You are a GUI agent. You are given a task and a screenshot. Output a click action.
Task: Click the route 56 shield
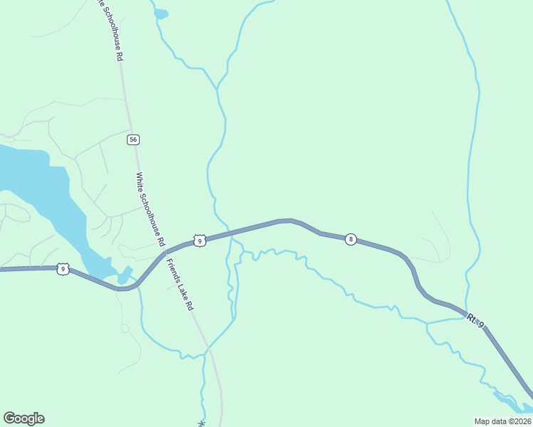[x=133, y=139]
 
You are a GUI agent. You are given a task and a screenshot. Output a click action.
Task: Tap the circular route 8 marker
[x=351, y=239]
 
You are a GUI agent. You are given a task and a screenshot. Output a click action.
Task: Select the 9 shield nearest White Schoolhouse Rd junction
[x=200, y=241]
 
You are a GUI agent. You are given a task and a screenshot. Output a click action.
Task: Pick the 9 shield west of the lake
[x=63, y=268]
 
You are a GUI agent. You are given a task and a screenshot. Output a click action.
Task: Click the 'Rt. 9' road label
[x=476, y=320]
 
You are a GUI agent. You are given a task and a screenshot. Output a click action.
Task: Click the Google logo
[x=24, y=418]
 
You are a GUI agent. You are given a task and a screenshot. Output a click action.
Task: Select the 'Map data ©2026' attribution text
[x=502, y=421]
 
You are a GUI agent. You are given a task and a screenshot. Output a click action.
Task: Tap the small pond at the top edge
[x=161, y=14]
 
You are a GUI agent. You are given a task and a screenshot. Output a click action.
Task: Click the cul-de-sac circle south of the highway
[x=125, y=328]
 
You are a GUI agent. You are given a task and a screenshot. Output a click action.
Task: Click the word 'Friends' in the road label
[x=172, y=270]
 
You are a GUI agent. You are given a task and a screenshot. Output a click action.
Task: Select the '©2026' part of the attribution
[x=517, y=421]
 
